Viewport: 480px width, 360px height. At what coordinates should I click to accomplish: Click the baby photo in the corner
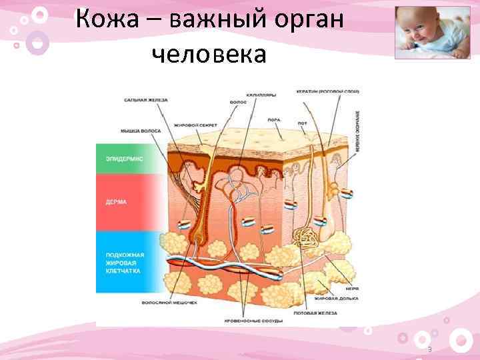432,33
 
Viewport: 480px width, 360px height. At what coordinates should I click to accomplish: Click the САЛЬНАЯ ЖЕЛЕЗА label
146,100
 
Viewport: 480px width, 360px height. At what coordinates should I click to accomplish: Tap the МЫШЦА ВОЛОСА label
141,131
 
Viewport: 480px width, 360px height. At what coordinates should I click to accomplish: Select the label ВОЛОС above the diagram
237,103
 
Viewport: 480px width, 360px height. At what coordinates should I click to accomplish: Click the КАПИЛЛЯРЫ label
261,95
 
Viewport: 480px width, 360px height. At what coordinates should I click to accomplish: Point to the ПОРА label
273,120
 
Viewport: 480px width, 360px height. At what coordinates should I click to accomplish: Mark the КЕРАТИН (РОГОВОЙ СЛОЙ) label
328,91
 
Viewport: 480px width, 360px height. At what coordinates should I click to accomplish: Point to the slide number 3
429,350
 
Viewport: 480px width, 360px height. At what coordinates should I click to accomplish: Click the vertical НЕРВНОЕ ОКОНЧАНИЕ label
358,133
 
